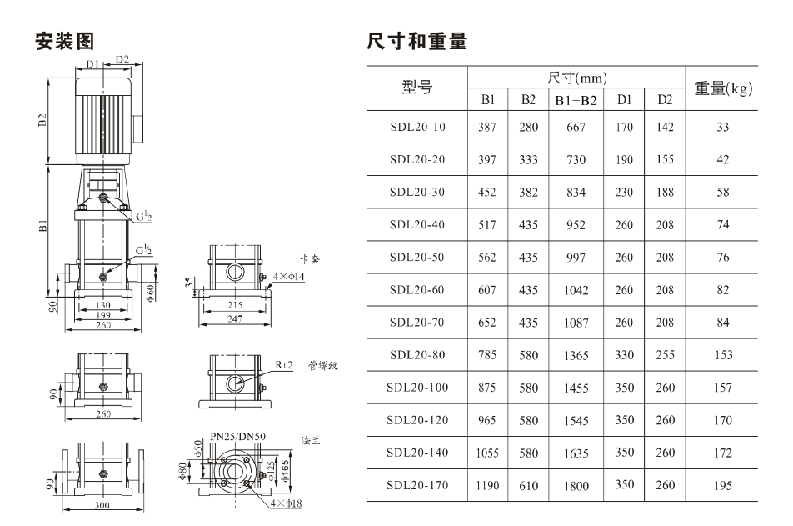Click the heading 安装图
click(65, 41)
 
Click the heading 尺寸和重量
click(416, 41)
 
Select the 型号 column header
click(417, 87)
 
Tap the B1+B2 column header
click(576, 100)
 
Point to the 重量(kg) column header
click(723, 88)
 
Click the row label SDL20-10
click(418, 127)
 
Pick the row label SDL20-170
click(418, 485)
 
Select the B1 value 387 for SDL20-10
click(487, 127)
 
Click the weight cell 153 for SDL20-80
click(723, 355)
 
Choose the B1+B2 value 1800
click(576, 486)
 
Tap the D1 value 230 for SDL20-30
click(624, 192)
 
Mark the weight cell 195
click(723, 485)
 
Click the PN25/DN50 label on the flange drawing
click(237, 437)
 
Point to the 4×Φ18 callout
click(286, 503)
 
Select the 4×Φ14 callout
click(289, 277)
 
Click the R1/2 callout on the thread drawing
click(284, 364)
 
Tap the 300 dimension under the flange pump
click(102, 504)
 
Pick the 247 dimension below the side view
click(235, 319)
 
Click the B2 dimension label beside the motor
click(42, 121)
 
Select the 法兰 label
click(311, 440)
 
